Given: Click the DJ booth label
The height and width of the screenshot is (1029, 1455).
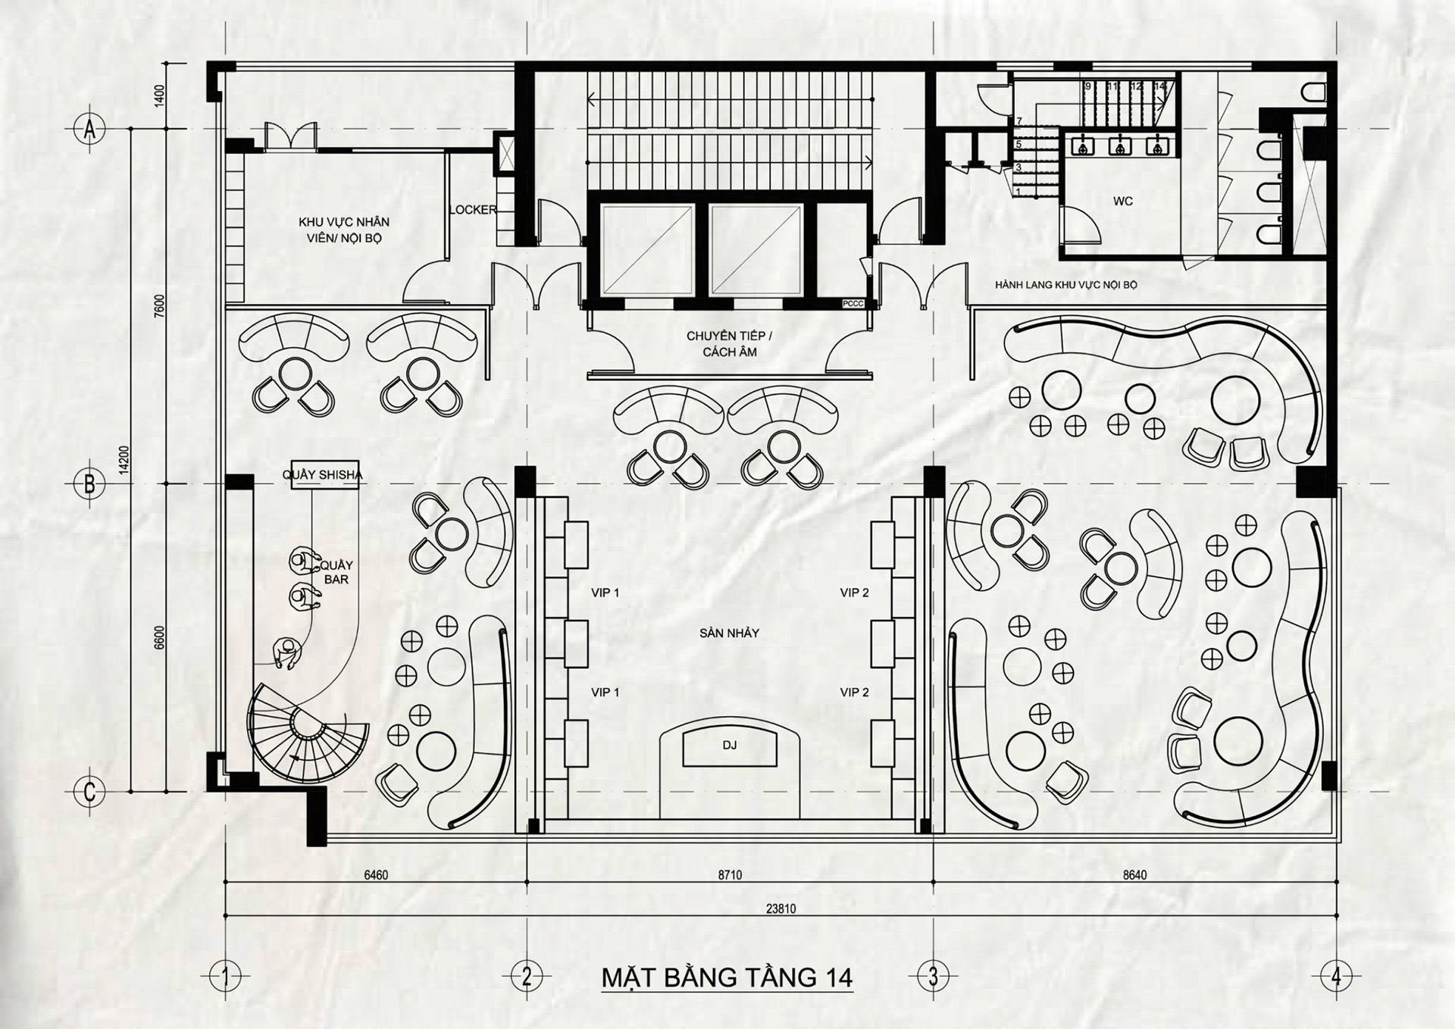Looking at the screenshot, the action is (x=729, y=746).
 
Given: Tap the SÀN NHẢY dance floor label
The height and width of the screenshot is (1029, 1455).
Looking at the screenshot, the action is (x=729, y=633).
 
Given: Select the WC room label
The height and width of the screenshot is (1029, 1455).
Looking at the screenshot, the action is (x=1123, y=201).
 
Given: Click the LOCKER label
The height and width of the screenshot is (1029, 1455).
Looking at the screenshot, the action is (x=473, y=210).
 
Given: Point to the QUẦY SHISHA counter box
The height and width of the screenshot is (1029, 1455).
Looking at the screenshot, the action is (x=325, y=475).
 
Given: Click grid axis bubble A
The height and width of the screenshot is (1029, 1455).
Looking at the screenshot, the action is (x=89, y=130).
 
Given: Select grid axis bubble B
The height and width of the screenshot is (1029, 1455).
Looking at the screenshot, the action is (x=89, y=483).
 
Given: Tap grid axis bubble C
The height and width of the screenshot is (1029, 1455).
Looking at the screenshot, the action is (x=89, y=792).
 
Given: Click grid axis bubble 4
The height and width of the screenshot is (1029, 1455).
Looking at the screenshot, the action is (x=1336, y=976).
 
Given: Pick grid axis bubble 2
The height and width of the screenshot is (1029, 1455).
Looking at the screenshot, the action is (x=527, y=976).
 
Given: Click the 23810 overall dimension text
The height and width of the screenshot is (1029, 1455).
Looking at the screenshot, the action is (x=781, y=909).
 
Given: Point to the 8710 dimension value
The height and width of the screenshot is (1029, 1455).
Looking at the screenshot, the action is (x=730, y=875).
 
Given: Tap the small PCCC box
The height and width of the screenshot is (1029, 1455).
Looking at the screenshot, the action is (x=853, y=304).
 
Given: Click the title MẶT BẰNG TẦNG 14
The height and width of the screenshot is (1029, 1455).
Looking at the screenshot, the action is (x=727, y=977).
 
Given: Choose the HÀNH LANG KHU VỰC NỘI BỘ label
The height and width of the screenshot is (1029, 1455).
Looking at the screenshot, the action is (x=1066, y=285).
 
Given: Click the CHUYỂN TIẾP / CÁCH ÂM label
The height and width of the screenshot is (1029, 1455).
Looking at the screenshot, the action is (x=729, y=343).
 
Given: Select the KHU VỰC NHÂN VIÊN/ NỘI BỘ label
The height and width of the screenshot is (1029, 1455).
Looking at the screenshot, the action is (x=344, y=230).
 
